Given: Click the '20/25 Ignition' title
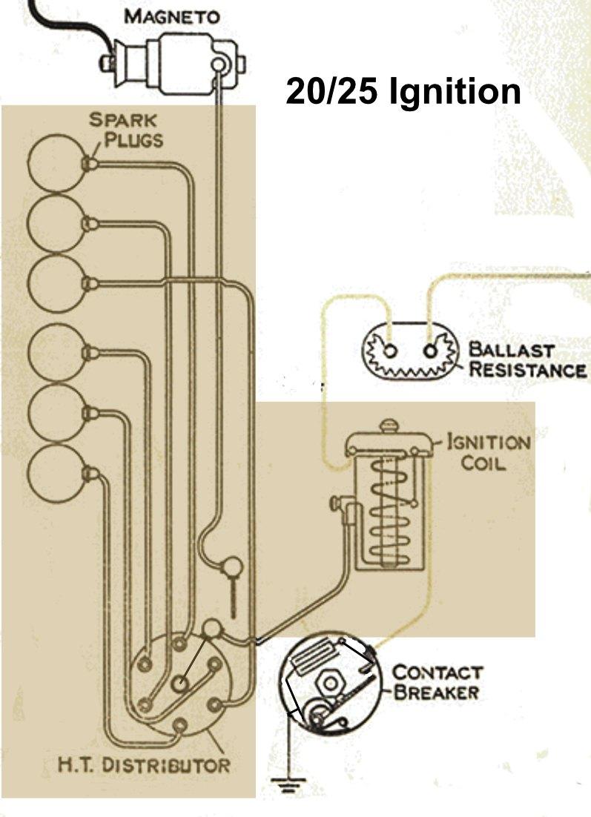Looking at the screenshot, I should click(x=403, y=93).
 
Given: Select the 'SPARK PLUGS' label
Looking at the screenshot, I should click(x=125, y=129).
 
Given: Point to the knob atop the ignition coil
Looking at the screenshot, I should click(x=388, y=428).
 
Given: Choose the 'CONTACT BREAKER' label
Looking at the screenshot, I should click(x=437, y=683).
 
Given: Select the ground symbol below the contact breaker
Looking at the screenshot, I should click(x=286, y=783).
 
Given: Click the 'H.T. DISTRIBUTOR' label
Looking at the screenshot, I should click(x=144, y=764).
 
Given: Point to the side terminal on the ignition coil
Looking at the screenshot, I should click(x=340, y=504).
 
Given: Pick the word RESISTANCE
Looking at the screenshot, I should click(x=526, y=369).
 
